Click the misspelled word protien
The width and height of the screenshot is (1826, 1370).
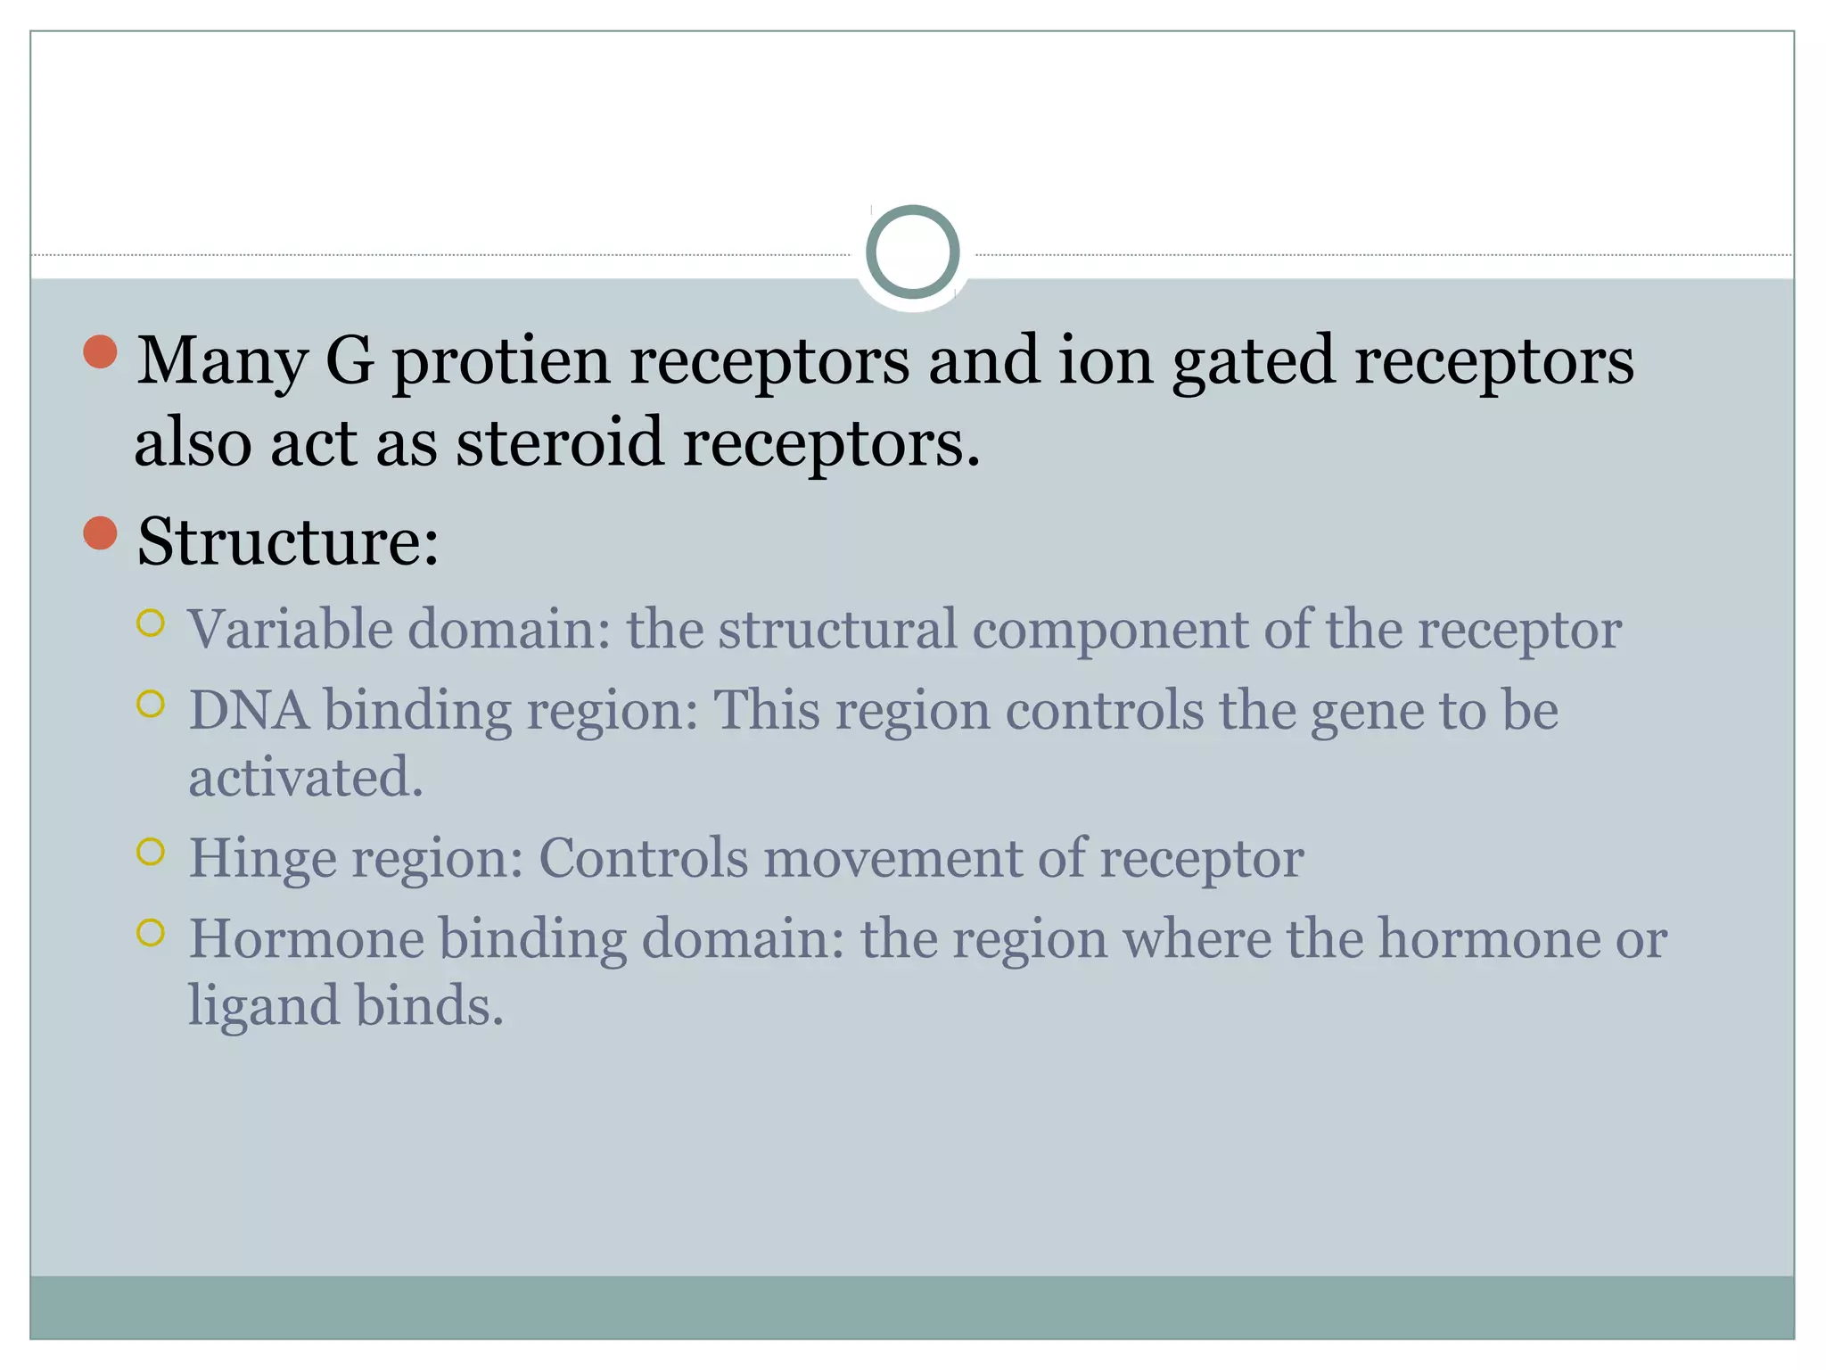(501, 362)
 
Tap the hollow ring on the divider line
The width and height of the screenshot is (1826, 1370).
(912, 252)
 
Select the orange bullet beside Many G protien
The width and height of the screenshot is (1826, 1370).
(101, 352)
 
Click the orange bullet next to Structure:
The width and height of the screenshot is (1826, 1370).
(101, 533)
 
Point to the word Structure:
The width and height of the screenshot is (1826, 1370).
(288, 541)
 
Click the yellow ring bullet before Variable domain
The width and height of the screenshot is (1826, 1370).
(151, 623)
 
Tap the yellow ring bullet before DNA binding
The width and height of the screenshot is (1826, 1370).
(151, 705)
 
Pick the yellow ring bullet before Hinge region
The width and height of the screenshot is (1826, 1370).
(151, 852)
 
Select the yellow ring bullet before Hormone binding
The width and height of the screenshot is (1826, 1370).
(151, 933)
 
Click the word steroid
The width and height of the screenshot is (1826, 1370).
(560, 442)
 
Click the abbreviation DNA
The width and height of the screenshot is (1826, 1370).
(249, 711)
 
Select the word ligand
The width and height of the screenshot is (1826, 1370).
(264, 1007)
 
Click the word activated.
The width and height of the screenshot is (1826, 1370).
(305, 778)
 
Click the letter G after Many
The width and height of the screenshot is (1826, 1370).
(350, 360)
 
